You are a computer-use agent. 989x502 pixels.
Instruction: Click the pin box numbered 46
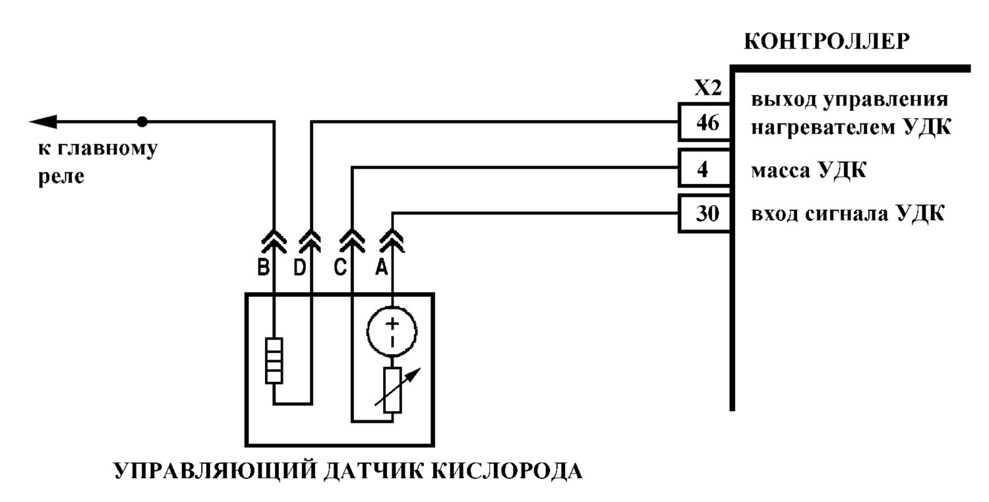(x=705, y=122)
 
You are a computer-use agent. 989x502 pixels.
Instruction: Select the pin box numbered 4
(x=705, y=168)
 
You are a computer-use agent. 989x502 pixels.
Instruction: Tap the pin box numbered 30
(x=705, y=214)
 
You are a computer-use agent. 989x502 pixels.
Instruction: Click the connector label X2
(x=707, y=88)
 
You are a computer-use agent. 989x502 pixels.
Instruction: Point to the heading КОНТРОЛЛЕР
(x=827, y=42)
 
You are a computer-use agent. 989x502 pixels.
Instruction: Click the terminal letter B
(x=264, y=267)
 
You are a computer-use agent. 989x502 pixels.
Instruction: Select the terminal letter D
(x=300, y=267)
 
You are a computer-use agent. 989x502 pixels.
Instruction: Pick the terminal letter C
(x=340, y=267)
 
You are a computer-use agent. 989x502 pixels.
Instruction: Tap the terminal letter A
(x=382, y=267)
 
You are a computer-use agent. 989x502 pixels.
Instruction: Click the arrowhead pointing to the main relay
(x=43, y=121)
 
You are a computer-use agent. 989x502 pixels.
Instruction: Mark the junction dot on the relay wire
(x=142, y=121)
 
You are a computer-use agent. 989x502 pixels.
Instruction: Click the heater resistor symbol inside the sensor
(x=274, y=361)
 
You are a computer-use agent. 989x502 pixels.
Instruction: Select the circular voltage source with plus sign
(x=392, y=331)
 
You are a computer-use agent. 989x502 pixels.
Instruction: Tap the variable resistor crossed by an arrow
(x=392, y=390)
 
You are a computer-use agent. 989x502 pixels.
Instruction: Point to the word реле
(x=61, y=177)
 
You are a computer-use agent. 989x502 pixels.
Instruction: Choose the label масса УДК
(x=808, y=170)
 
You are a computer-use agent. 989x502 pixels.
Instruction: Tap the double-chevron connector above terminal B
(x=274, y=241)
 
